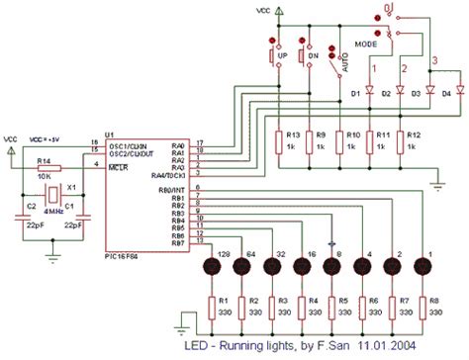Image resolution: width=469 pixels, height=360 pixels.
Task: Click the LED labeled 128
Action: tap(211, 267)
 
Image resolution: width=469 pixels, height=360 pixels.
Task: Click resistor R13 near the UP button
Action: tap(281, 140)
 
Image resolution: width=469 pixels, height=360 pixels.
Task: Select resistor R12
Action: tap(402, 140)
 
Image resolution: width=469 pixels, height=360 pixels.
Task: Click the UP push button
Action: tap(272, 57)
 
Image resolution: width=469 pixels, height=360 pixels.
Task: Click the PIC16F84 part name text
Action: tap(124, 255)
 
